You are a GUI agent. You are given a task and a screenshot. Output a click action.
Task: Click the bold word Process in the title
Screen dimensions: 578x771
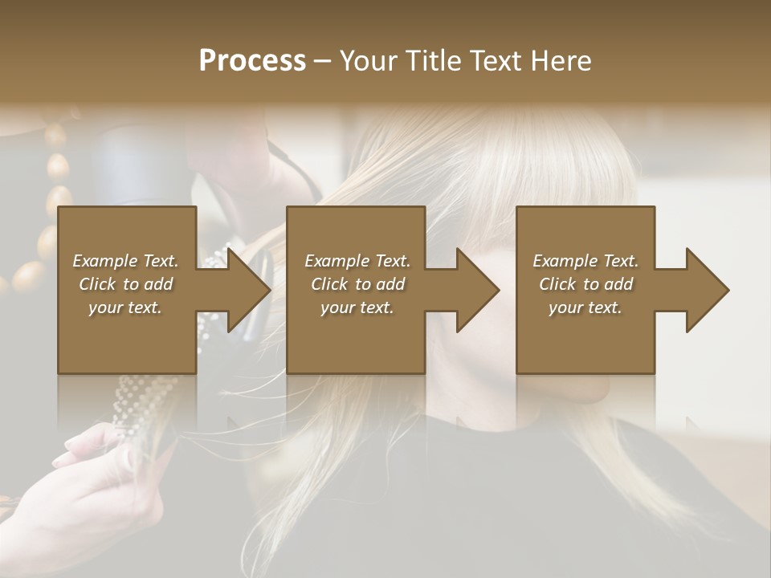[x=252, y=60]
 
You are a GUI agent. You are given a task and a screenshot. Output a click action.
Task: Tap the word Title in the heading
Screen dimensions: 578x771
[x=432, y=60]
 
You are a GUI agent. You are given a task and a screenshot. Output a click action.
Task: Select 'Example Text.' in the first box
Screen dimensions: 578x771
[x=125, y=261]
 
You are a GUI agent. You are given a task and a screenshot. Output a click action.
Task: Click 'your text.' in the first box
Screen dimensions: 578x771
[x=125, y=307]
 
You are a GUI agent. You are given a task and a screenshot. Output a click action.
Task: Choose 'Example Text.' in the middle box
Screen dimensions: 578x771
[x=357, y=261]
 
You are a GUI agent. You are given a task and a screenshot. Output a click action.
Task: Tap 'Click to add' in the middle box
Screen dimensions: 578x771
[x=357, y=284]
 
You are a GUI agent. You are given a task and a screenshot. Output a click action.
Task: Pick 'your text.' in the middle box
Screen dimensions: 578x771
[x=357, y=307]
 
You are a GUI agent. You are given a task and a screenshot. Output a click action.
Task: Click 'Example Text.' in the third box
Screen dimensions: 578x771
[x=585, y=261]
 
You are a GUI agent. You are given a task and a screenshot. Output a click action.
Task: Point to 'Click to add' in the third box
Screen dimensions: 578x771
[x=585, y=284]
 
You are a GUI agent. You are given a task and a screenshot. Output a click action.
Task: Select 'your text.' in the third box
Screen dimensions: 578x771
[x=585, y=307]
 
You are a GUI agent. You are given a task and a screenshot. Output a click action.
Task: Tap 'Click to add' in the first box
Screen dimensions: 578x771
[x=125, y=284]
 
